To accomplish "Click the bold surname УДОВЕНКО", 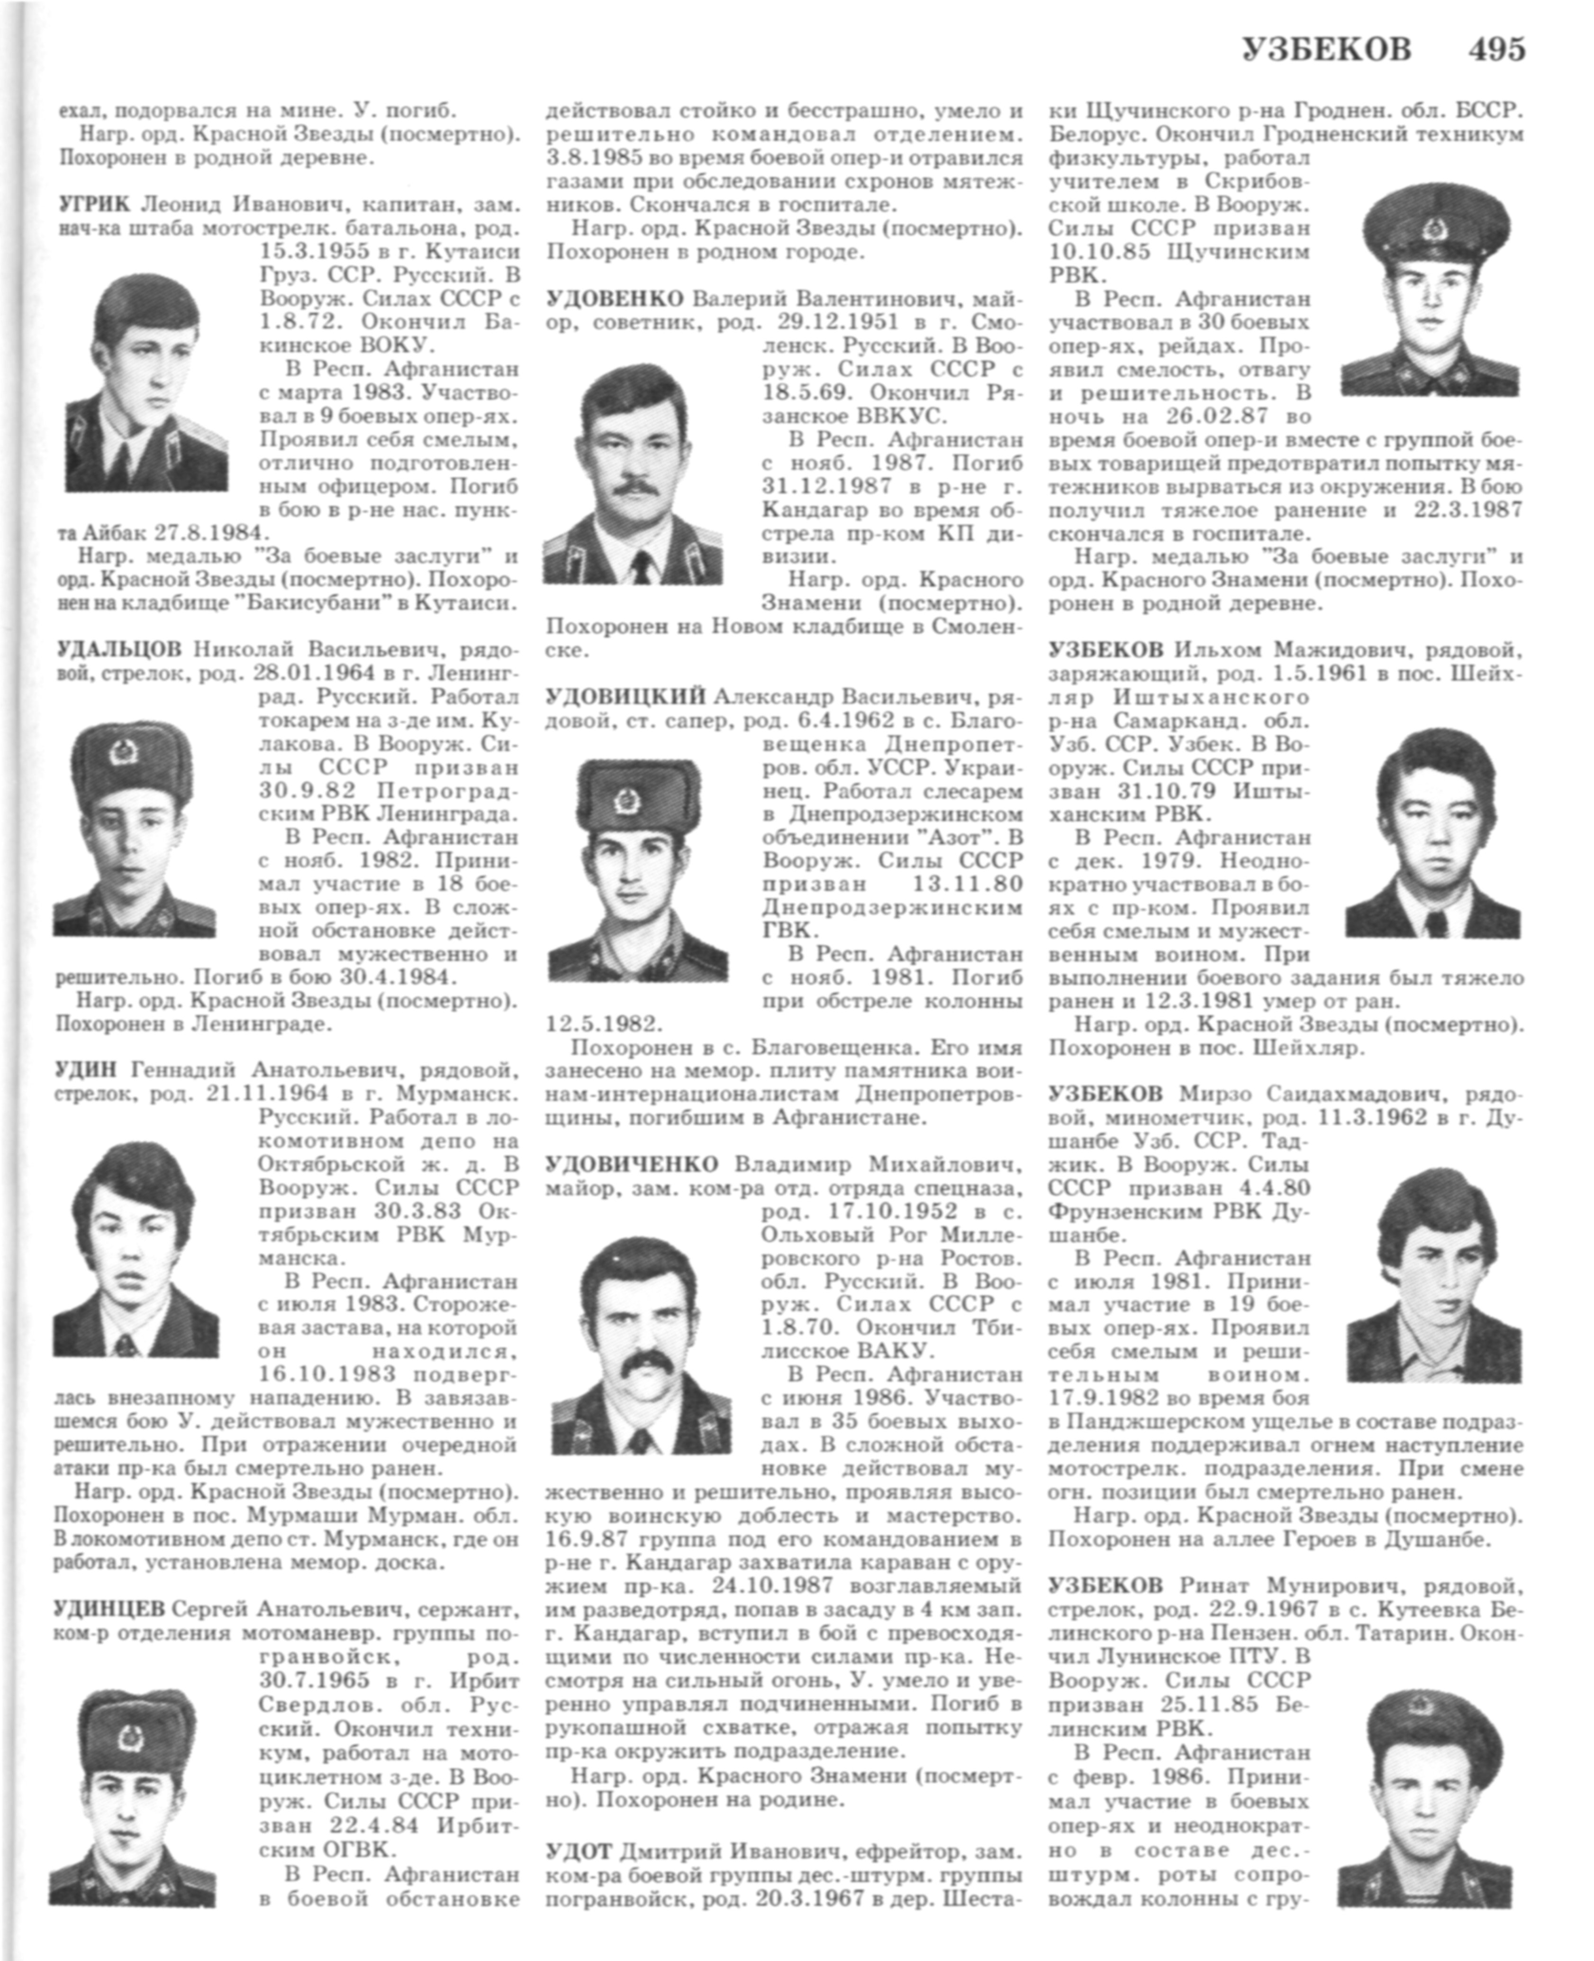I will [x=614, y=300].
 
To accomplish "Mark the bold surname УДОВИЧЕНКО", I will [x=632, y=1165].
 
